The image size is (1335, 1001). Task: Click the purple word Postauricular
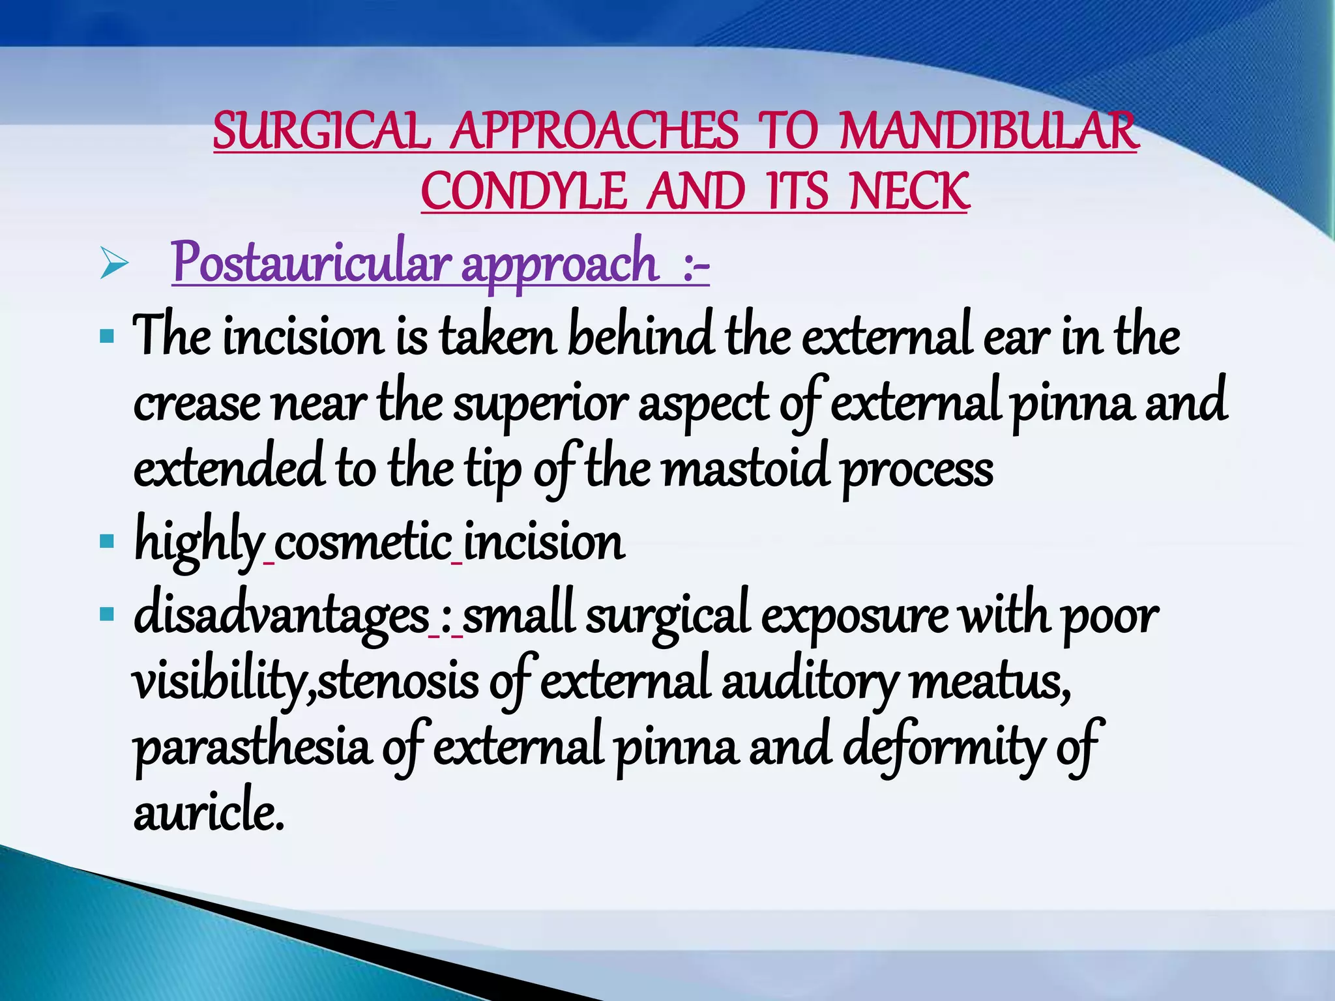click(x=311, y=262)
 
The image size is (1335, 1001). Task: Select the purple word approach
click(x=560, y=263)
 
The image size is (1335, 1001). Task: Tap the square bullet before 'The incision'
click(x=107, y=337)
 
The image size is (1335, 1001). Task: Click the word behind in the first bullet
click(x=640, y=337)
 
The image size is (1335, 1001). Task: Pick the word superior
click(x=540, y=405)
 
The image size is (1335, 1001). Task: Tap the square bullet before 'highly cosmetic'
click(x=107, y=540)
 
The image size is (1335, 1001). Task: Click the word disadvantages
click(x=281, y=615)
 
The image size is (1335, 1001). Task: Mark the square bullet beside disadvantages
click(x=107, y=613)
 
